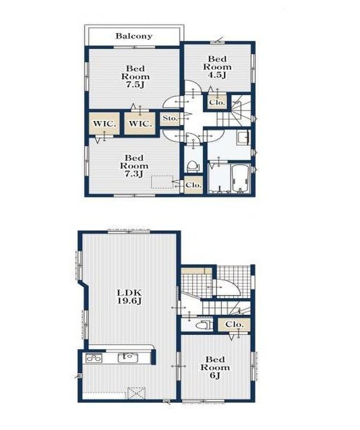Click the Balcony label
click(x=134, y=36)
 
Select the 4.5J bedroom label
click(x=217, y=67)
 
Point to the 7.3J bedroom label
click(x=134, y=166)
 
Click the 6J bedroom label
click(x=215, y=367)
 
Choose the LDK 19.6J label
click(x=129, y=297)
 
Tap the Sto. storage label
click(x=170, y=118)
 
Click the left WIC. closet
click(x=104, y=124)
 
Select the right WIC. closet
click(x=140, y=124)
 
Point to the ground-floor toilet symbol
click(x=204, y=325)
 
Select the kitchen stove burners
click(x=94, y=358)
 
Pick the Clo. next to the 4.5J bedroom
click(x=217, y=103)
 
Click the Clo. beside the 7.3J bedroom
click(x=193, y=185)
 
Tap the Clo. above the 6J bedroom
click(x=234, y=325)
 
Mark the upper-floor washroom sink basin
click(x=243, y=137)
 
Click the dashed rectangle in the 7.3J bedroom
click(x=162, y=182)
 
